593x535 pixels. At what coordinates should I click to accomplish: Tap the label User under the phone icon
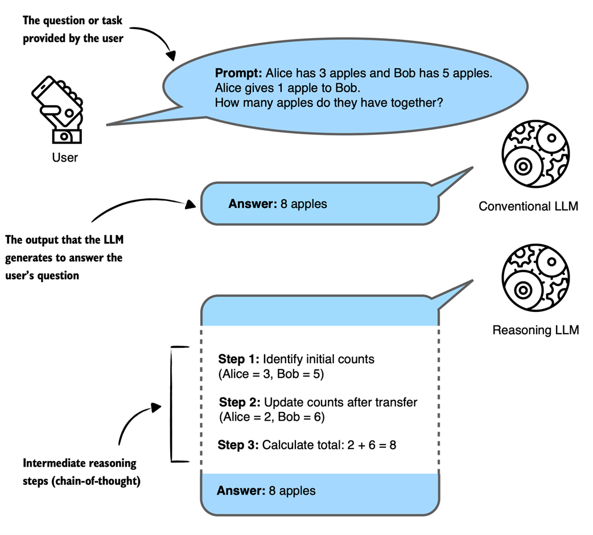coord(64,157)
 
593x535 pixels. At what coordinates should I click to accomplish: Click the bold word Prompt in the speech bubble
coord(238,73)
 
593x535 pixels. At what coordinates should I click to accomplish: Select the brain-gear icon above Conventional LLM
coord(536,154)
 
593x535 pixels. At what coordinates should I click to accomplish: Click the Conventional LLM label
coord(528,206)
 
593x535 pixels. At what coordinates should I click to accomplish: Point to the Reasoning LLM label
coord(536,330)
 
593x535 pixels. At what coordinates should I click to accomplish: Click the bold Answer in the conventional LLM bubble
coord(253,203)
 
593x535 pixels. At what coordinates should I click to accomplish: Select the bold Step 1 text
coord(238,359)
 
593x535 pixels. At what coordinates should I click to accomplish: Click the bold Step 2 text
coord(240,402)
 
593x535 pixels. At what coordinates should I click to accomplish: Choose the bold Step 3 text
coord(238,445)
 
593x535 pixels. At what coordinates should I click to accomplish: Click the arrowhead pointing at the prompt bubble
coord(171,56)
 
